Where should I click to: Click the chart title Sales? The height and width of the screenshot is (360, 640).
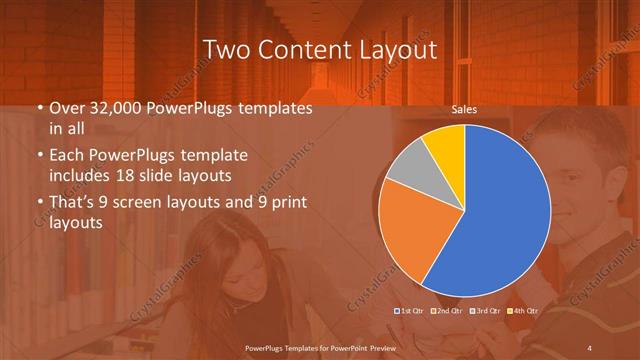pyautogui.click(x=463, y=110)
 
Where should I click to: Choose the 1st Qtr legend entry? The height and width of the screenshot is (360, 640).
pyautogui.click(x=410, y=311)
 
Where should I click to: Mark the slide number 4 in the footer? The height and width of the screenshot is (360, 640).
pyautogui.click(x=590, y=346)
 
